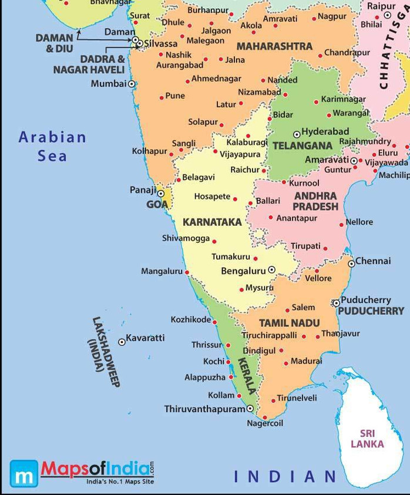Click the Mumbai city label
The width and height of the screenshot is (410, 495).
109,84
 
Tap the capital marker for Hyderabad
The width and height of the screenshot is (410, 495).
297,134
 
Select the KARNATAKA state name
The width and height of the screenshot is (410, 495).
212,222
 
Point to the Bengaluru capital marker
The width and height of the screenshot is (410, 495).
271,270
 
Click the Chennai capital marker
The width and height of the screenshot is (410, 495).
351,263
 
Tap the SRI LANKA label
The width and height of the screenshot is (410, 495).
367,439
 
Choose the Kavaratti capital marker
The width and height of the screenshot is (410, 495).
122,341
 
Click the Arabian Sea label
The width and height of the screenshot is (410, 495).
52,147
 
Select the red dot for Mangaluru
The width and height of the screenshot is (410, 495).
187,272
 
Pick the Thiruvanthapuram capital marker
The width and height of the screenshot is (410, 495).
250,408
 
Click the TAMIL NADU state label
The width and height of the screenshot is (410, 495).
289,323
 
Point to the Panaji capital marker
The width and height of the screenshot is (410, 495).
160,194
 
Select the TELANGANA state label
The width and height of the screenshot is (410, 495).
303,145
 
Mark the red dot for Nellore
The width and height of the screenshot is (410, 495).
342,225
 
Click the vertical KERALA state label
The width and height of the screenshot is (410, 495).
246,375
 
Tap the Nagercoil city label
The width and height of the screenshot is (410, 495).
265,423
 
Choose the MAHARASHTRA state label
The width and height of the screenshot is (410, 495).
274,46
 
